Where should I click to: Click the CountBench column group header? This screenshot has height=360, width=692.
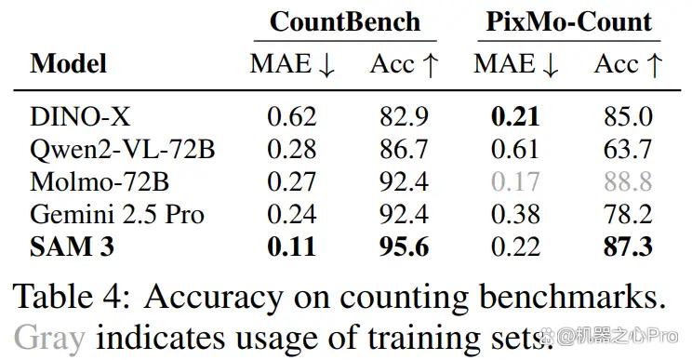pos(345,21)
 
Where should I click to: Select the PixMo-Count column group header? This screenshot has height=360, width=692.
pos(569,21)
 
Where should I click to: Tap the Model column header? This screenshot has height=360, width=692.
pos(69,63)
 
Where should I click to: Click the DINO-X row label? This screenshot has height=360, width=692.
pos(80,117)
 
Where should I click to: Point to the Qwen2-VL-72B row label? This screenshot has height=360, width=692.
pos(122,149)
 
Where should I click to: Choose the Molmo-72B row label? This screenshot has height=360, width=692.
pos(100,181)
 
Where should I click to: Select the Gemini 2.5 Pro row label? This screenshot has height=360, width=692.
pos(117,214)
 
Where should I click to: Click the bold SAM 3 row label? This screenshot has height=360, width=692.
pos(72,247)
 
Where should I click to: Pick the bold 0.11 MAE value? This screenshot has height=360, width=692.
pos(292,247)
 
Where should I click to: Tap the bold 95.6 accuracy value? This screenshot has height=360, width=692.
pos(405,247)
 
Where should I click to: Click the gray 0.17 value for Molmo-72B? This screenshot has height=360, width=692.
pos(515,181)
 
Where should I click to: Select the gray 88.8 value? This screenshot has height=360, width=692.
pos(628,181)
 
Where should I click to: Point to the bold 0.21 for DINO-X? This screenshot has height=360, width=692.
pos(515,117)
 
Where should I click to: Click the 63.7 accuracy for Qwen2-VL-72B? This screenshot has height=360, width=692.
pos(628,149)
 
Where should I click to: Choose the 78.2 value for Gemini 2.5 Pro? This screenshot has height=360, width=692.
pos(628,214)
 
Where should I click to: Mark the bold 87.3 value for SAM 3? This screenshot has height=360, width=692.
pos(628,247)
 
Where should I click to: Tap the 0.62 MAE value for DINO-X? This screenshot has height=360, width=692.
pos(292,117)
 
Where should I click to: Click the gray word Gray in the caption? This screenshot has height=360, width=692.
pos(49,339)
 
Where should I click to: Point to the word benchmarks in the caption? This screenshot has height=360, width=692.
pos(572,296)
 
